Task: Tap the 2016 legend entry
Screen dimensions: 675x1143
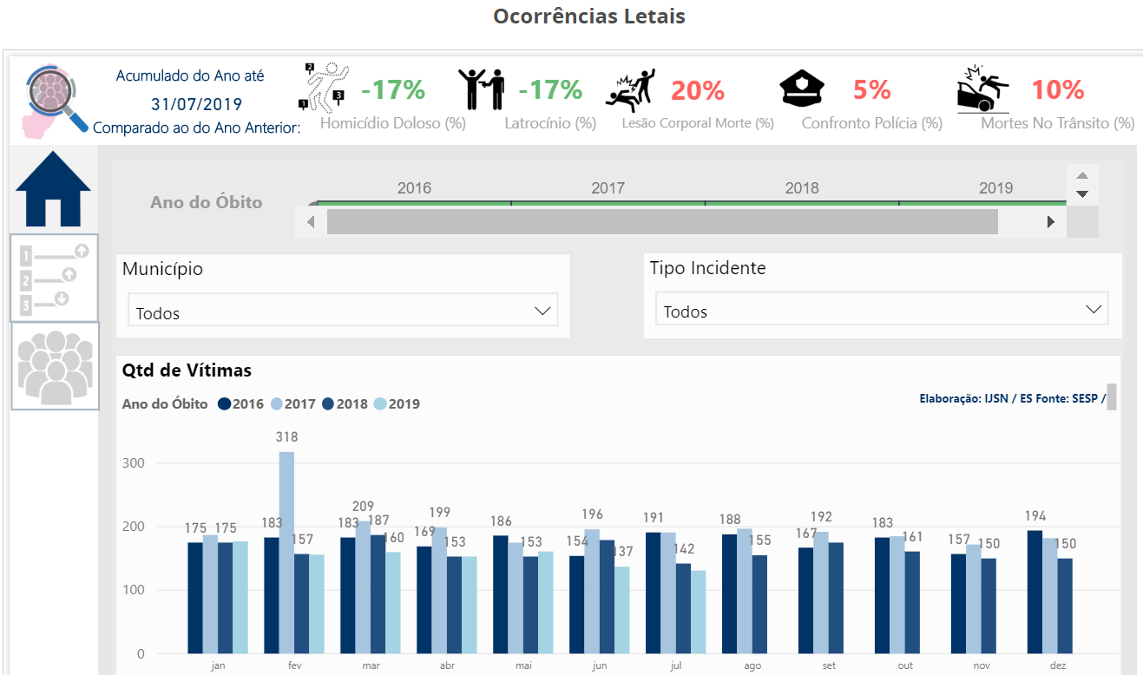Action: pos(241,403)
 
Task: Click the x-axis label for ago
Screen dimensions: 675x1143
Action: pos(752,665)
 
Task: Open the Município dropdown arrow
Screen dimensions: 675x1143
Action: pos(543,311)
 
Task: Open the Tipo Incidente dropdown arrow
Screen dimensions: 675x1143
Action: pos(1094,310)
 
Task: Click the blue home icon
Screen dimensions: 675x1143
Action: pos(53,188)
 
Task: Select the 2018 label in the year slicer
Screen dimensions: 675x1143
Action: pos(801,187)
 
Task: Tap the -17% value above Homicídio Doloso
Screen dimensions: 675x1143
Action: pos(392,89)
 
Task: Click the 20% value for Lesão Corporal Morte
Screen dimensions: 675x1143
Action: pos(697,90)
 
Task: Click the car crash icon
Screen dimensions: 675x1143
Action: pos(983,88)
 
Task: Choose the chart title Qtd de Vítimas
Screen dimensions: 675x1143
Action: pos(187,370)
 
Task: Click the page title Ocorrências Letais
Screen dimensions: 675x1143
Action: pos(588,16)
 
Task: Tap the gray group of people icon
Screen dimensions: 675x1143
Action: pos(55,366)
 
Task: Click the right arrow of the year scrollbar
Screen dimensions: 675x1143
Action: pos(1051,222)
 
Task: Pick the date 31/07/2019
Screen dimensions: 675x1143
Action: pos(196,104)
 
